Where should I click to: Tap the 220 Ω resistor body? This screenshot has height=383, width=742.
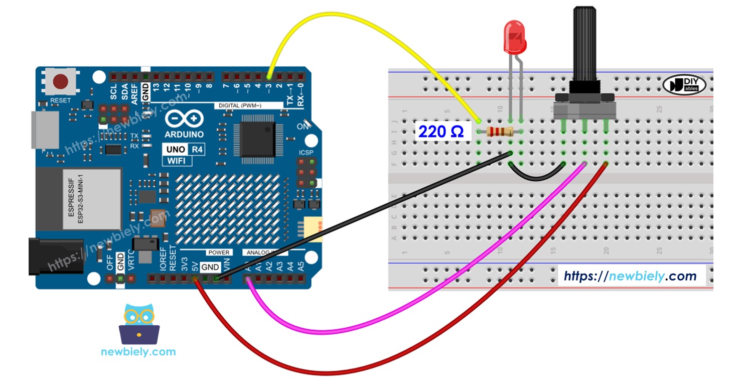click(x=500, y=132)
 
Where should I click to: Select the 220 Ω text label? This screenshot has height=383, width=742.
click(x=441, y=132)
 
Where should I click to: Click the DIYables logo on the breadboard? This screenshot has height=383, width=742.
click(x=684, y=85)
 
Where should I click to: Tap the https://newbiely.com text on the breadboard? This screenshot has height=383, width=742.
click(x=630, y=276)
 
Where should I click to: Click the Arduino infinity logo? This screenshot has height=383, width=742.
click(x=184, y=119)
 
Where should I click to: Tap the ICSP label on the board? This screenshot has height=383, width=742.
click(x=306, y=152)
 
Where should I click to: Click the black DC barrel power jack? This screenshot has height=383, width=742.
click(x=55, y=256)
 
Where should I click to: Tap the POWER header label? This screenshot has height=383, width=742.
click(x=219, y=252)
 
